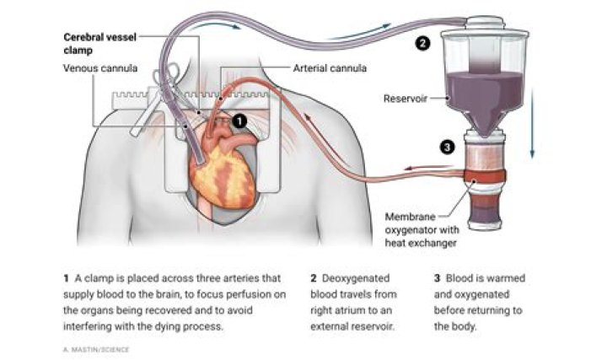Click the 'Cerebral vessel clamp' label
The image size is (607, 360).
99,43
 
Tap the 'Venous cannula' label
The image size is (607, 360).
100,68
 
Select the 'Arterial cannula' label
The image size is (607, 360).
330,68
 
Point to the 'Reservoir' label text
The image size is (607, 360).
405,99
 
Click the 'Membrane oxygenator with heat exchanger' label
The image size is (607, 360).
422,230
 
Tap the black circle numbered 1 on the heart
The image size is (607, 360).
239,121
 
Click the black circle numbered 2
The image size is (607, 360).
422,43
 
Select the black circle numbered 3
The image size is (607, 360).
447,147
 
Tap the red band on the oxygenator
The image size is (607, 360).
484,176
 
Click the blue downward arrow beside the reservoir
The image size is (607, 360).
532,123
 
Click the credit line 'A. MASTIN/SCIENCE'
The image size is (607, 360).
96,350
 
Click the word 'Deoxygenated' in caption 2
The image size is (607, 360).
356,278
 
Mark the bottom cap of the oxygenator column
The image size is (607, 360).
484,224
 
